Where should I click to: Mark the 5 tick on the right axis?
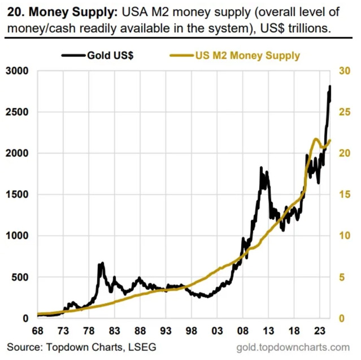click(341, 277)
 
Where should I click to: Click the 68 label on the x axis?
click(38, 331)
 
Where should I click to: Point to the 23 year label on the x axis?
click(320, 331)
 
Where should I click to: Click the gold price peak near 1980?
click(102, 264)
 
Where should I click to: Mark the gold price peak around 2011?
click(260, 168)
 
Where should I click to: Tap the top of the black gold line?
click(329, 86)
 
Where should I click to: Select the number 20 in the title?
click(11, 11)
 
